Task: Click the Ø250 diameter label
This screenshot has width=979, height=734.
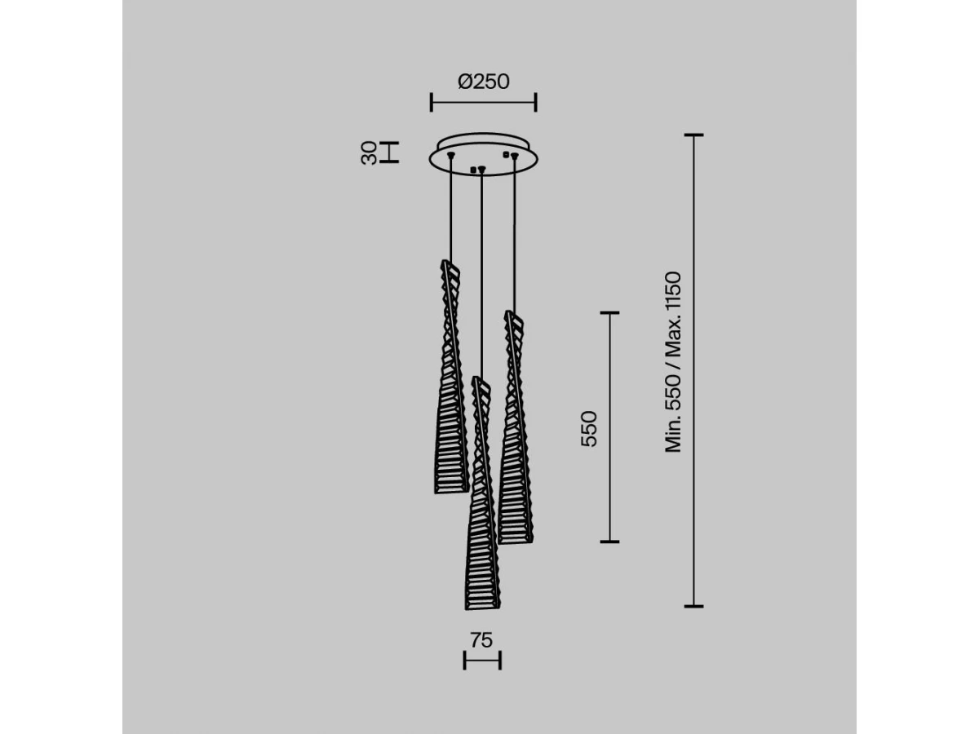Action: coord(484,82)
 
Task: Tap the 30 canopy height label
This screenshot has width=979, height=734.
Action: coord(369,153)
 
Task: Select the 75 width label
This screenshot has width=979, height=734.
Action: coord(481,640)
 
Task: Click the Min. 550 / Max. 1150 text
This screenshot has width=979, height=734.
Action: coord(673,362)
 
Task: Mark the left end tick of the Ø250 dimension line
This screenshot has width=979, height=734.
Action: coord(432,102)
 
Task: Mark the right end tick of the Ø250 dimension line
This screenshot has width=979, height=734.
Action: coord(536,102)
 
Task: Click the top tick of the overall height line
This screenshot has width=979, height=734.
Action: coord(693,135)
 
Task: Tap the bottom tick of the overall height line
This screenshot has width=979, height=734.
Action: coord(693,606)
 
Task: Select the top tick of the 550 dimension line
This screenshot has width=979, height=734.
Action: coord(609,313)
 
